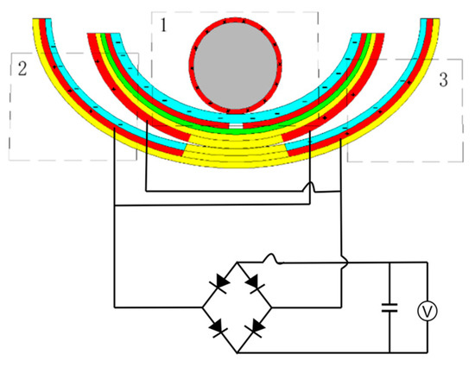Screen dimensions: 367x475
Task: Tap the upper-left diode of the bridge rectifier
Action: [219, 282]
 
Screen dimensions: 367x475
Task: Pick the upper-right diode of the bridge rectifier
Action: [255, 282]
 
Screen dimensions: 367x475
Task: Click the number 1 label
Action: [161, 24]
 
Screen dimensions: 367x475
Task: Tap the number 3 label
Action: [442, 80]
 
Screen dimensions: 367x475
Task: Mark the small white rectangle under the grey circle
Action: [236, 128]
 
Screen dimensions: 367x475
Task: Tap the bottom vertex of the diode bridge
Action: [237, 350]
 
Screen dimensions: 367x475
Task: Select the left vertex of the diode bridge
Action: [201, 306]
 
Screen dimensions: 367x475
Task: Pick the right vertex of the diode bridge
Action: [273, 306]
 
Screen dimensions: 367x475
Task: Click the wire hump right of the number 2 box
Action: [310, 188]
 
